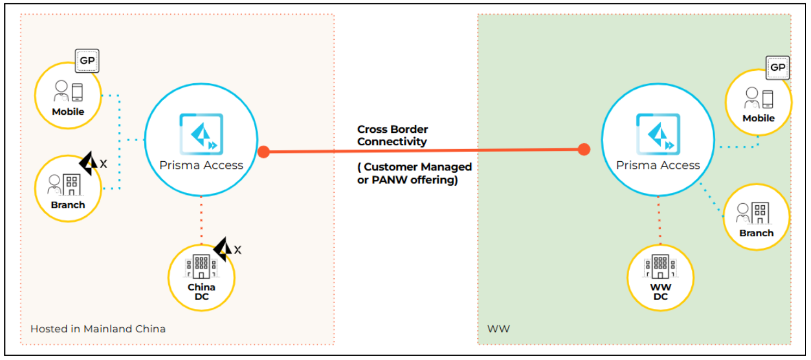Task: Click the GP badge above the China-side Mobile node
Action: pyautogui.click(x=87, y=61)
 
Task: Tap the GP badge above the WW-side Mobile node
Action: pyautogui.click(x=777, y=68)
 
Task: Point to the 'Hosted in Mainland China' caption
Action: pyautogui.click(x=98, y=328)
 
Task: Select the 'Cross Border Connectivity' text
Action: pyautogui.click(x=392, y=136)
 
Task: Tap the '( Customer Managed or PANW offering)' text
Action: pyautogui.click(x=414, y=173)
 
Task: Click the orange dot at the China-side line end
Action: pyautogui.click(x=263, y=151)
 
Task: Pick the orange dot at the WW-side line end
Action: pyautogui.click(x=584, y=149)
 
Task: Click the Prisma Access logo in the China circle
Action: pyautogui.click(x=201, y=134)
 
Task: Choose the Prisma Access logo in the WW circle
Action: pyautogui.click(x=658, y=134)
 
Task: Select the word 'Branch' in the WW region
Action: pyautogui.click(x=756, y=233)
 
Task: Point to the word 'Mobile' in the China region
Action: pyautogui.click(x=68, y=112)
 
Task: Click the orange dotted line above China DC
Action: pyautogui.click(x=201, y=223)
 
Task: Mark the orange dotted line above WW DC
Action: pyautogui.click(x=660, y=223)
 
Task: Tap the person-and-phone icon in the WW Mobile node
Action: pyautogui.click(x=758, y=99)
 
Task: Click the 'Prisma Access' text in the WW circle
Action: pyautogui.click(x=658, y=165)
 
